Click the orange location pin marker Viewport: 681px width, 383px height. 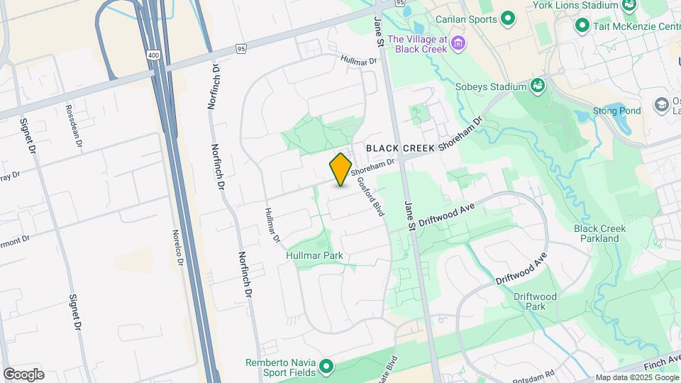click(x=340, y=169)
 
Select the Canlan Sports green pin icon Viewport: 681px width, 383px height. click(x=508, y=18)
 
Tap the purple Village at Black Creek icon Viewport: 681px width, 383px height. click(x=459, y=44)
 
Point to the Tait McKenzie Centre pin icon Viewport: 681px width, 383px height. click(x=582, y=26)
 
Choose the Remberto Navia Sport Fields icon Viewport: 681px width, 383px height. click(x=326, y=367)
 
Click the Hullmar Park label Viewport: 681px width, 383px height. click(x=314, y=255)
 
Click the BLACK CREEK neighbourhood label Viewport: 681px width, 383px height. click(x=399, y=148)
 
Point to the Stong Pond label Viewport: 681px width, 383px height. click(x=617, y=111)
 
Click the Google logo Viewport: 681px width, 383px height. click(x=23, y=374)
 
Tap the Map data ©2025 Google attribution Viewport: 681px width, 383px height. click(x=636, y=377)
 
